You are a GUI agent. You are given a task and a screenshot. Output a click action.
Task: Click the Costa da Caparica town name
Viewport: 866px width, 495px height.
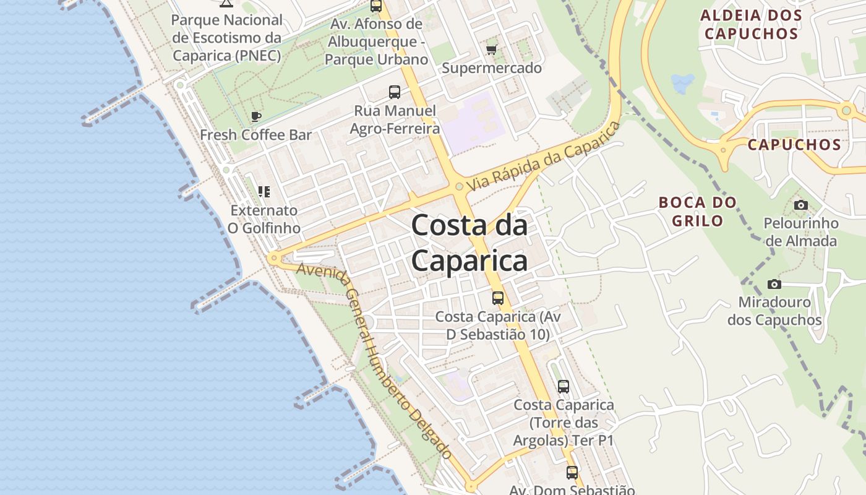469,243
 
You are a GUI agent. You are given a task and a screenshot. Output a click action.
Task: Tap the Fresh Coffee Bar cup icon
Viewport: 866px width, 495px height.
256,116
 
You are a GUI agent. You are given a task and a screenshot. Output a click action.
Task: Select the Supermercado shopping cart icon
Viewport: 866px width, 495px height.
492,49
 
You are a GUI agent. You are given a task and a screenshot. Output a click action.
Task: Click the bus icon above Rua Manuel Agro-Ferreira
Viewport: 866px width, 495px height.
395,92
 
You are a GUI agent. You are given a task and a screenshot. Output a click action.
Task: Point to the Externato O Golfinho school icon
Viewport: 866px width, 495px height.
264,192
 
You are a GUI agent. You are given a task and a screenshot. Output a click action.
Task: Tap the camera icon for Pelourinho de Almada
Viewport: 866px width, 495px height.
801,205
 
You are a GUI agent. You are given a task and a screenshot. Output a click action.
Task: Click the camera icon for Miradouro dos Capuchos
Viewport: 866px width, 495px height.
774,284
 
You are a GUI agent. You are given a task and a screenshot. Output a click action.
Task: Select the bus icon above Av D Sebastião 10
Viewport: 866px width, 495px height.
498,298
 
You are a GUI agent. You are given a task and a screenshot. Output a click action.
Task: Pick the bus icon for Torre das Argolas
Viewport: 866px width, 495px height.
564,387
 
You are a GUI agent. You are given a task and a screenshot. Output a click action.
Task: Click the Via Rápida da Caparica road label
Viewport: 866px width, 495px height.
544,157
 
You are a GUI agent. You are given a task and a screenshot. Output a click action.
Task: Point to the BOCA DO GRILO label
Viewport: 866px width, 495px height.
698,211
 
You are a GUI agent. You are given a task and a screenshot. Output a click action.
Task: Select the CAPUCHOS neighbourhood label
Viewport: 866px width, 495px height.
794,145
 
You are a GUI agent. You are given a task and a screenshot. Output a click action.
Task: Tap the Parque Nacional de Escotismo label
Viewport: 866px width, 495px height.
227,38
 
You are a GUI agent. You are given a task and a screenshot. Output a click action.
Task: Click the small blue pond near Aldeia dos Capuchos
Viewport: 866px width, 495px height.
683,82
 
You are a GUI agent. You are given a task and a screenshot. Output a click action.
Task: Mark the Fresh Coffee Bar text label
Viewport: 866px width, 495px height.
255,135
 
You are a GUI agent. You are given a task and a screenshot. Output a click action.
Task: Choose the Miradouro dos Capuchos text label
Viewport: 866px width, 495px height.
774,311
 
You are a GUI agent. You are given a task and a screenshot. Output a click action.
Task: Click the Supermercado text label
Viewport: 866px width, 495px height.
492,68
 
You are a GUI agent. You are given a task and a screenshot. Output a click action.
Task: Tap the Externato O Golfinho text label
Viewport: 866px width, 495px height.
264,219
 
